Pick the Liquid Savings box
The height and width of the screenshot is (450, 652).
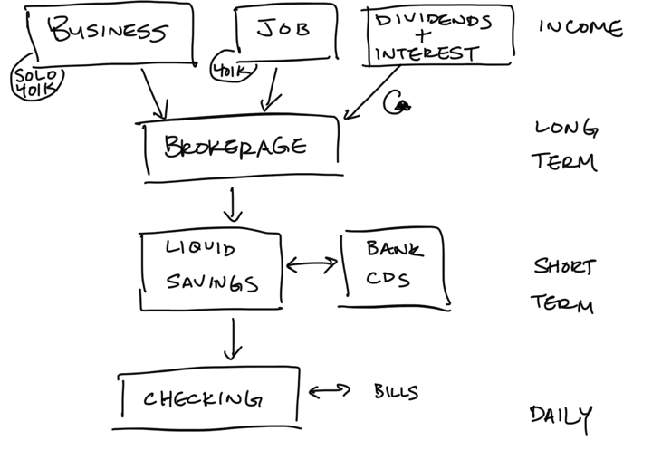pyautogui.click(x=211, y=266)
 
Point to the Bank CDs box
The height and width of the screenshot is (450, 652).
pyautogui.click(x=394, y=266)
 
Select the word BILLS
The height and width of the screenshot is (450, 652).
pyautogui.click(x=397, y=392)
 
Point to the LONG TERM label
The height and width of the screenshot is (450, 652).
pyautogui.click(x=564, y=145)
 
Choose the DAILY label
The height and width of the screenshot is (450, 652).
pyautogui.click(x=561, y=416)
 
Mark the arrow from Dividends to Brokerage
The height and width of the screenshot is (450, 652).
pyautogui.click(x=374, y=94)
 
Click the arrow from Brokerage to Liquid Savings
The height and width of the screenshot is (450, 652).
pyautogui.click(x=234, y=205)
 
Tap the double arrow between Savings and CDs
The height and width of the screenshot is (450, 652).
pyautogui.click(x=311, y=265)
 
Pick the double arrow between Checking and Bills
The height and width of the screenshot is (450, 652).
pyautogui.click(x=329, y=392)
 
